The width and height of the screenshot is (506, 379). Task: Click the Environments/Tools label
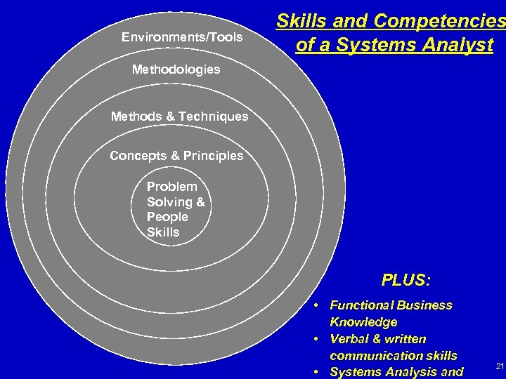point(181,37)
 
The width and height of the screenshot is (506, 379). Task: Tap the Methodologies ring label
point(176,69)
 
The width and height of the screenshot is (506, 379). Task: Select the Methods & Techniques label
point(179,117)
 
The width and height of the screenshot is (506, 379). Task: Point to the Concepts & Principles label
point(176,156)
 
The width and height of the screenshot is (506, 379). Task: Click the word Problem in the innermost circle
point(171,187)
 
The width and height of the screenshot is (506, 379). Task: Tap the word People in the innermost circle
point(167,217)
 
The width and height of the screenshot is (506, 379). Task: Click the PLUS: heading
point(406,281)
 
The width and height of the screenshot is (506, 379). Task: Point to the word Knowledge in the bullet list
point(363,322)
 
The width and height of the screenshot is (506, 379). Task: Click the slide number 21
point(500,366)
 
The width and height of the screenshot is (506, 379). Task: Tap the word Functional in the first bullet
point(358,305)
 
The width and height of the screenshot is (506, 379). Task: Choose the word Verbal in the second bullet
point(349,339)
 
